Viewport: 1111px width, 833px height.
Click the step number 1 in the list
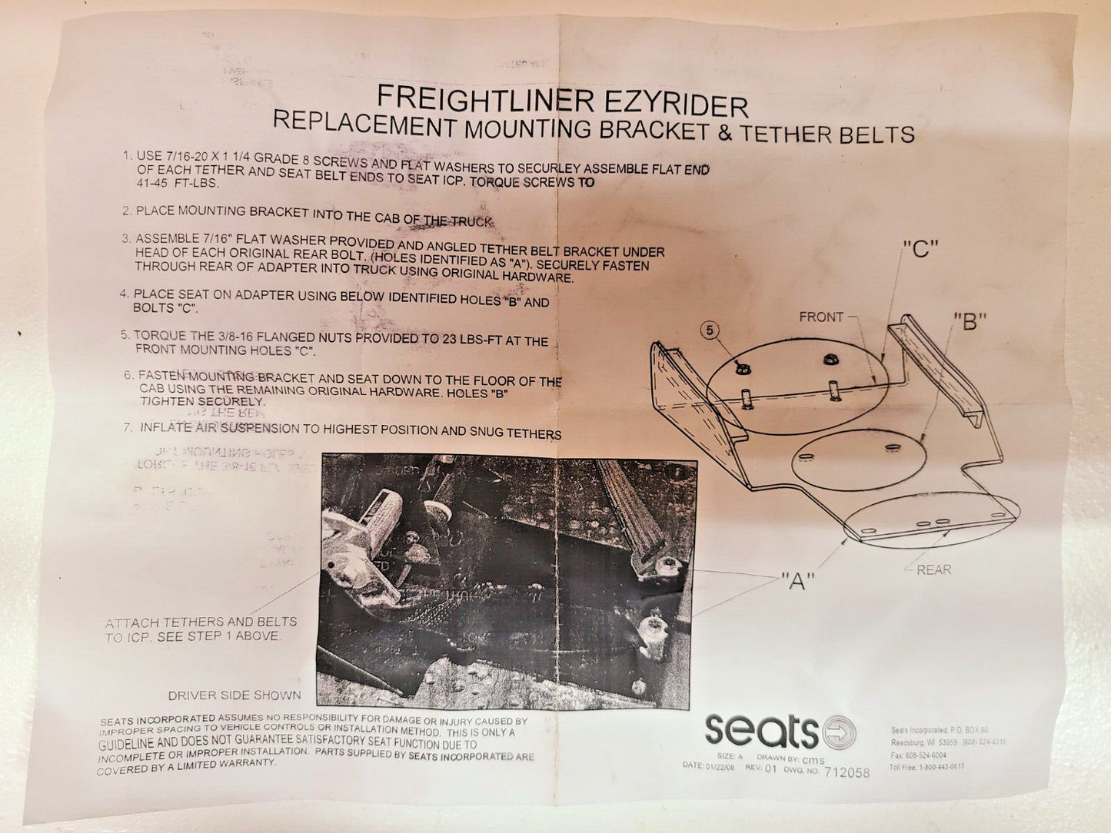(x=127, y=155)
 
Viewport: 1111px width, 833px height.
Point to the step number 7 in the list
(x=128, y=426)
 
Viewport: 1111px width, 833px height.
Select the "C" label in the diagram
(x=921, y=249)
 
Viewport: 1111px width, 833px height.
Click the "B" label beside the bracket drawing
(x=970, y=321)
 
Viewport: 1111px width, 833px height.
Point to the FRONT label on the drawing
(x=821, y=317)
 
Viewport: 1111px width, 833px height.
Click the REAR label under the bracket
(x=933, y=569)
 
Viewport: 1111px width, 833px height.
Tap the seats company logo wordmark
(x=761, y=729)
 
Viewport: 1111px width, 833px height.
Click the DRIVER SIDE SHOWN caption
(x=235, y=695)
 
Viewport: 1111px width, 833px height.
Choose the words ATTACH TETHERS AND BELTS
(x=201, y=622)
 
